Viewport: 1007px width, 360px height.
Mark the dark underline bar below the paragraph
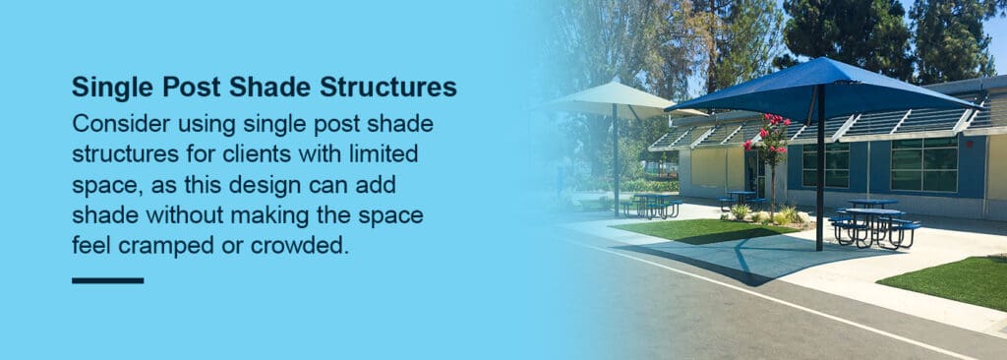click(x=107, y=280)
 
